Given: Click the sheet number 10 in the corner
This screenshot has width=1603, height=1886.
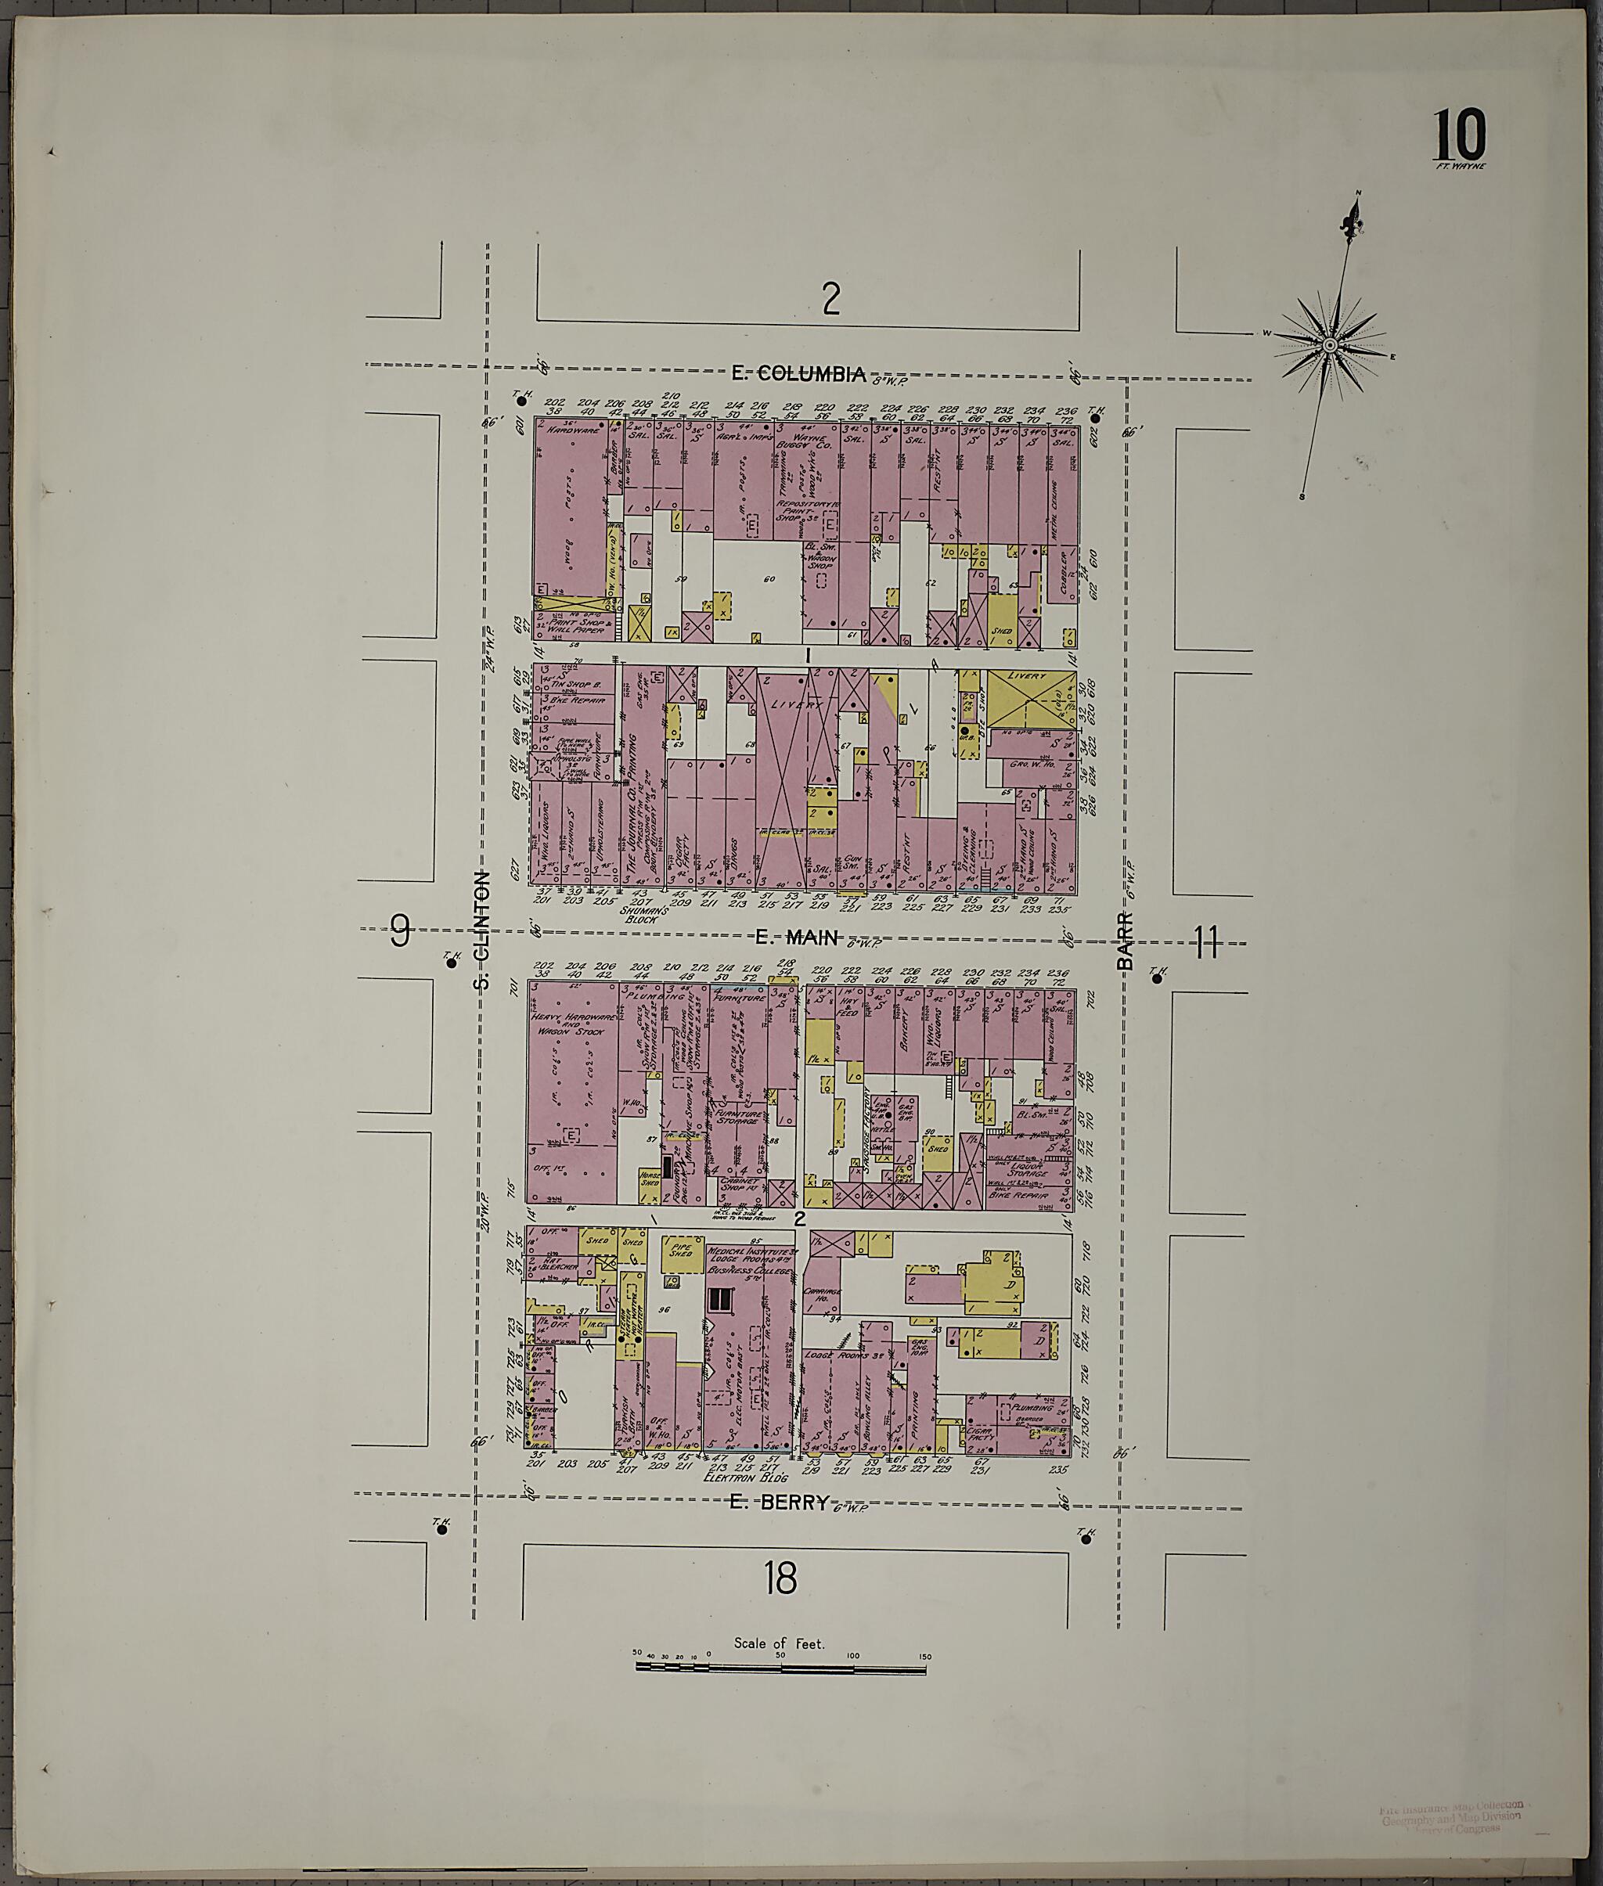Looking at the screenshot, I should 1461,135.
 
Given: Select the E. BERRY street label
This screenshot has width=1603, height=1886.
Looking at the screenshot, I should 780,1502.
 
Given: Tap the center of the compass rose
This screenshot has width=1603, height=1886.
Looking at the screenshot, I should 1328,345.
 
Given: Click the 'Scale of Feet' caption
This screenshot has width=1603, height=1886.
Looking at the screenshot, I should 779,1643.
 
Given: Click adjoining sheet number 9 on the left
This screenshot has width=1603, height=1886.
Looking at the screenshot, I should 400,930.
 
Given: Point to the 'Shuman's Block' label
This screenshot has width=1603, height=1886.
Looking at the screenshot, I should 644,913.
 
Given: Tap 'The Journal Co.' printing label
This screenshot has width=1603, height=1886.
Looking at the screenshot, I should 633,817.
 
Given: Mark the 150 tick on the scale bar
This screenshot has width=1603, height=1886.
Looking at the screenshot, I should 924,1656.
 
